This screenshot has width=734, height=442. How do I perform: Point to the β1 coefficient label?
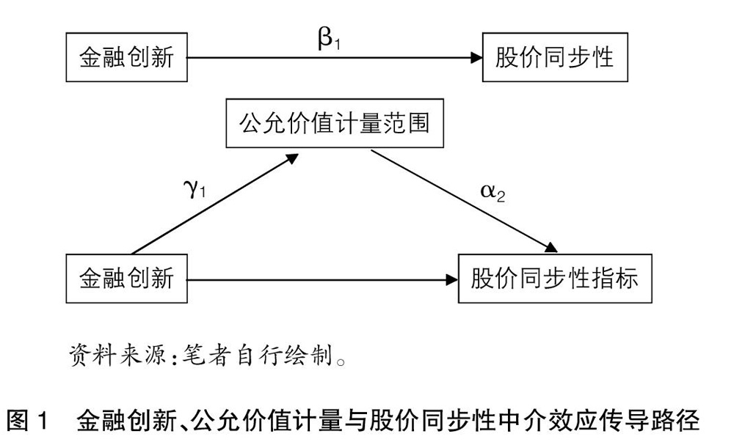pyautogui.click(x=329, y=39)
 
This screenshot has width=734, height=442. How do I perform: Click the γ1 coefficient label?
pyautogui.click(x=195, y=188)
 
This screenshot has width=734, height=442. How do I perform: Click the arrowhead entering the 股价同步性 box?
pyautogui.click(x=476, y=58)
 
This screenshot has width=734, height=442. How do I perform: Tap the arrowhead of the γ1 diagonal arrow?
pyautogui.click(x=292, y=158)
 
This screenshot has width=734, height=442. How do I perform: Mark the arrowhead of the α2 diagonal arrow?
pyautogui.click(x=550, y=247)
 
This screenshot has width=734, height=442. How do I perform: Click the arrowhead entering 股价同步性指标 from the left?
pyautogui.click(x=452, y=280)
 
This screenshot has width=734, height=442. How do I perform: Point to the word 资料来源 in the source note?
pyautogui.click(x=117, y=356)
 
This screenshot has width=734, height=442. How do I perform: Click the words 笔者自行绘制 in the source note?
pyautogui.click(x=258, y=356)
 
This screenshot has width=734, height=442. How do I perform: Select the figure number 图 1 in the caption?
pyautogui.click(x=28, y=421)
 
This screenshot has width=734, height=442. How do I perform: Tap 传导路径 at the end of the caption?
pyautogui.click(x=649, y=421)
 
